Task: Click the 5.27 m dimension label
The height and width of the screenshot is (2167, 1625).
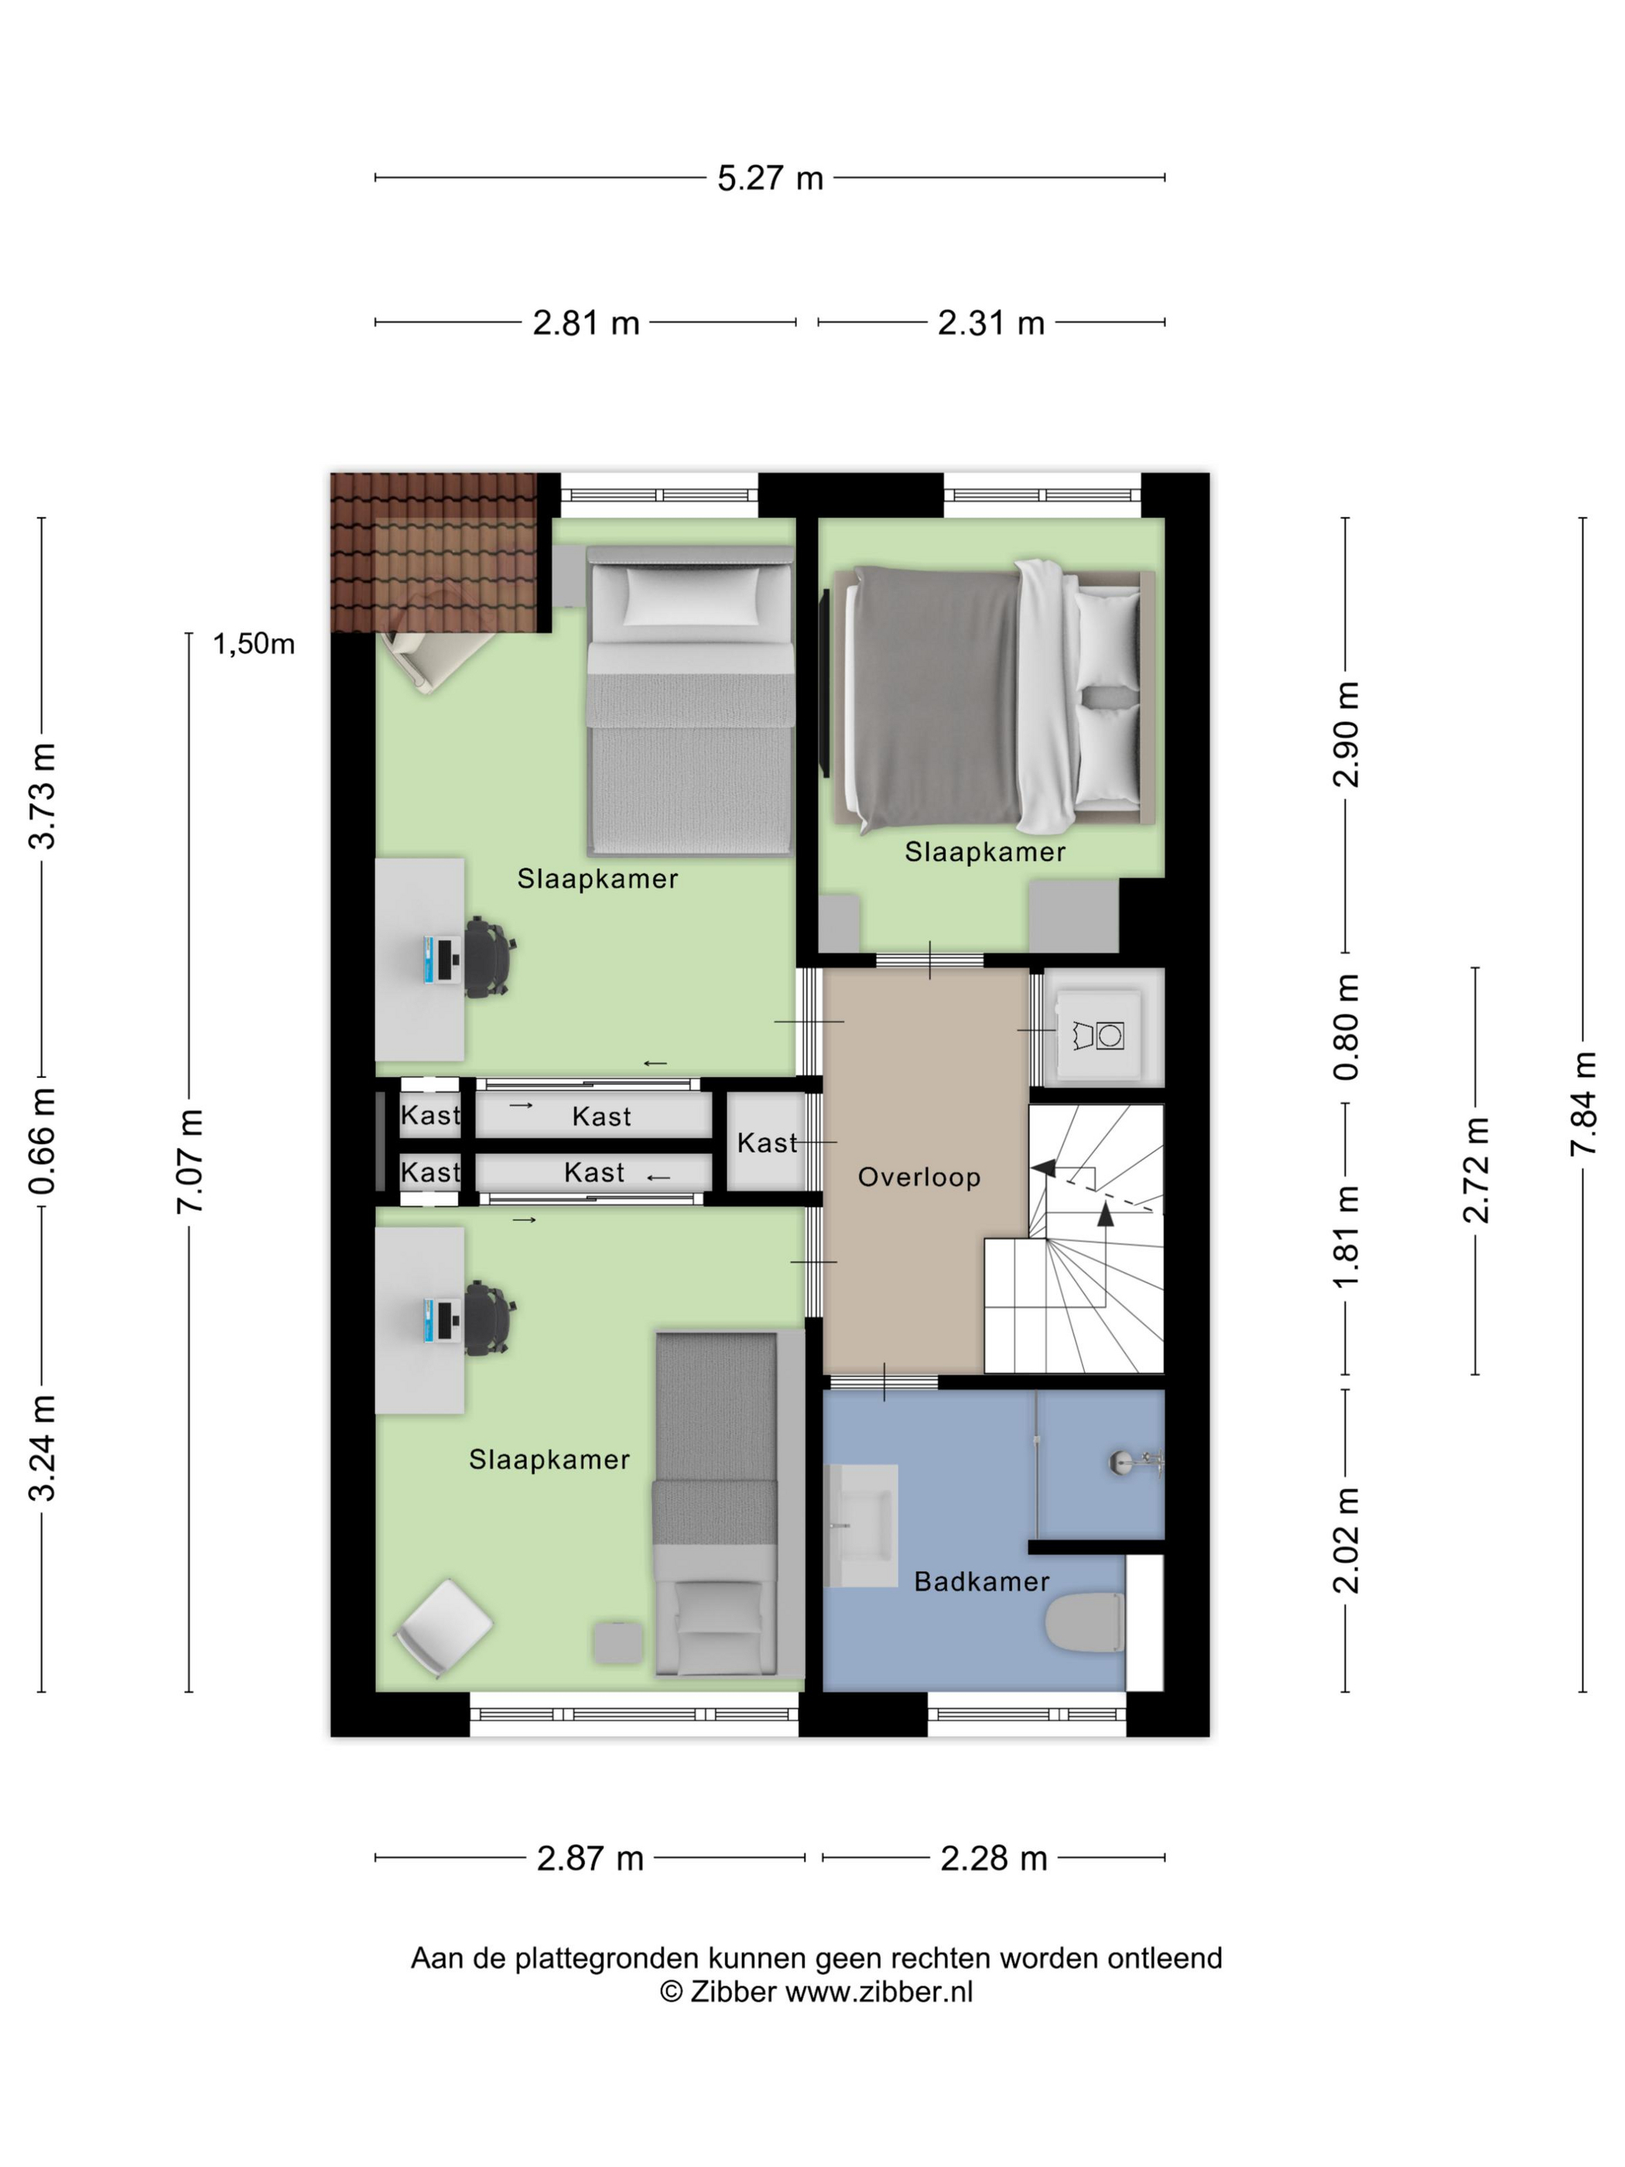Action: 770,178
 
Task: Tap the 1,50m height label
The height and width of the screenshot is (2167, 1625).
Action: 254,644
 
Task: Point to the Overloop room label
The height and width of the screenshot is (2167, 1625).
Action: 919,1176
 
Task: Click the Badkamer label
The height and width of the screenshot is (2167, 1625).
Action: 981,1581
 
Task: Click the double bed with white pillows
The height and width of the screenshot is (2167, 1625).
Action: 992,697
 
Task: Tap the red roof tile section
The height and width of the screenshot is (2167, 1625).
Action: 435,553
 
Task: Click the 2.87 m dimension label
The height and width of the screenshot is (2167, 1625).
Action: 590,1858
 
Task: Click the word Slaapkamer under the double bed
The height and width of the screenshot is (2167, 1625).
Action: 984,851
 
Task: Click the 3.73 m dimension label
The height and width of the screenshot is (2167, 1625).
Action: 42,796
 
